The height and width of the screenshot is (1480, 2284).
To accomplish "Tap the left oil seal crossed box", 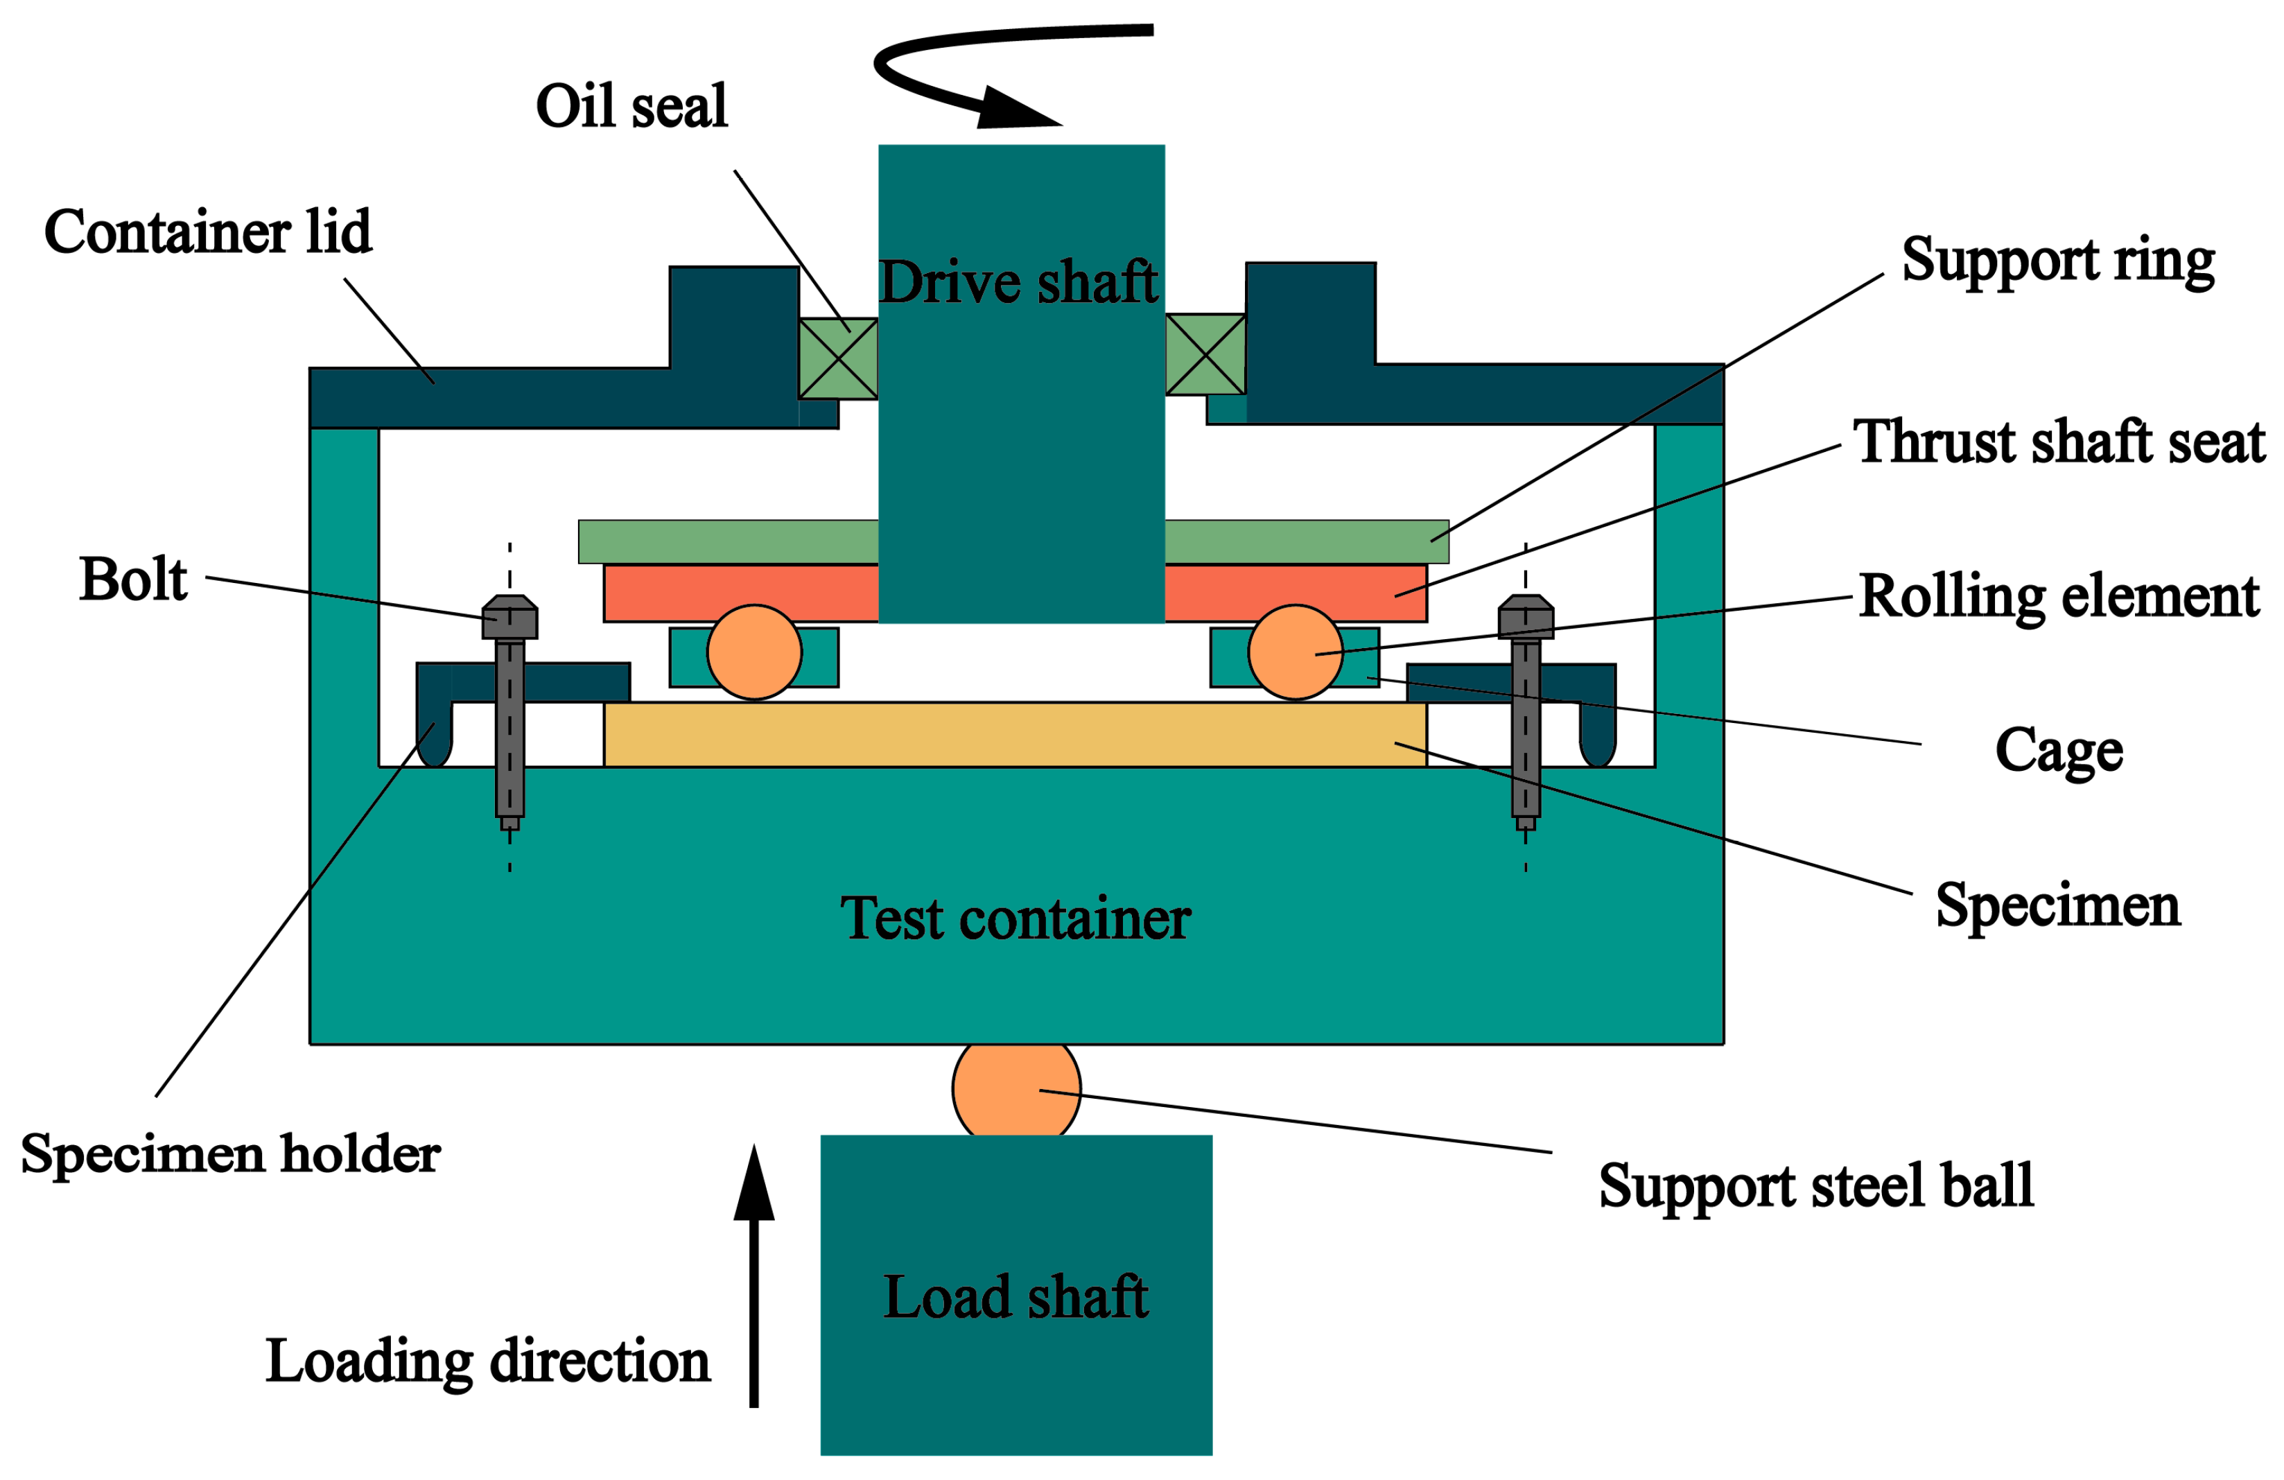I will [838, 358].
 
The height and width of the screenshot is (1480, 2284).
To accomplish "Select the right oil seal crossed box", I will [1205, 354].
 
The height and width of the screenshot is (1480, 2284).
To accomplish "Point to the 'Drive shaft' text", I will [1018, 282].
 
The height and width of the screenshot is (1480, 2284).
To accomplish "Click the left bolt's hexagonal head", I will [509, 617].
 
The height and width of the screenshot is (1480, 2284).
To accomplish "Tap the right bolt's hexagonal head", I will [1525, 617].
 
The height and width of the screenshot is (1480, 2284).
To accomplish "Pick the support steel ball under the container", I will [1016, 1089].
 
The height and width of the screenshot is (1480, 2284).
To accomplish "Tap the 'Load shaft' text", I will [1015, 1298].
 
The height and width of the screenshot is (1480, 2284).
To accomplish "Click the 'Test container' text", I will [1015, 919].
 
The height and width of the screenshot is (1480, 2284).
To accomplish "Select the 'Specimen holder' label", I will [230, 1153].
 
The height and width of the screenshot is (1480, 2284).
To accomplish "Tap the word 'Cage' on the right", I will [2059, 751].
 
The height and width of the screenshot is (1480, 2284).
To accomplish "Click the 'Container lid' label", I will [207, 232].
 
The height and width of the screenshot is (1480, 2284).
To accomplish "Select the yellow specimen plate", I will [1014, 734].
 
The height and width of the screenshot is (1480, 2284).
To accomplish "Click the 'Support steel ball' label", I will [1815, 1185].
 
